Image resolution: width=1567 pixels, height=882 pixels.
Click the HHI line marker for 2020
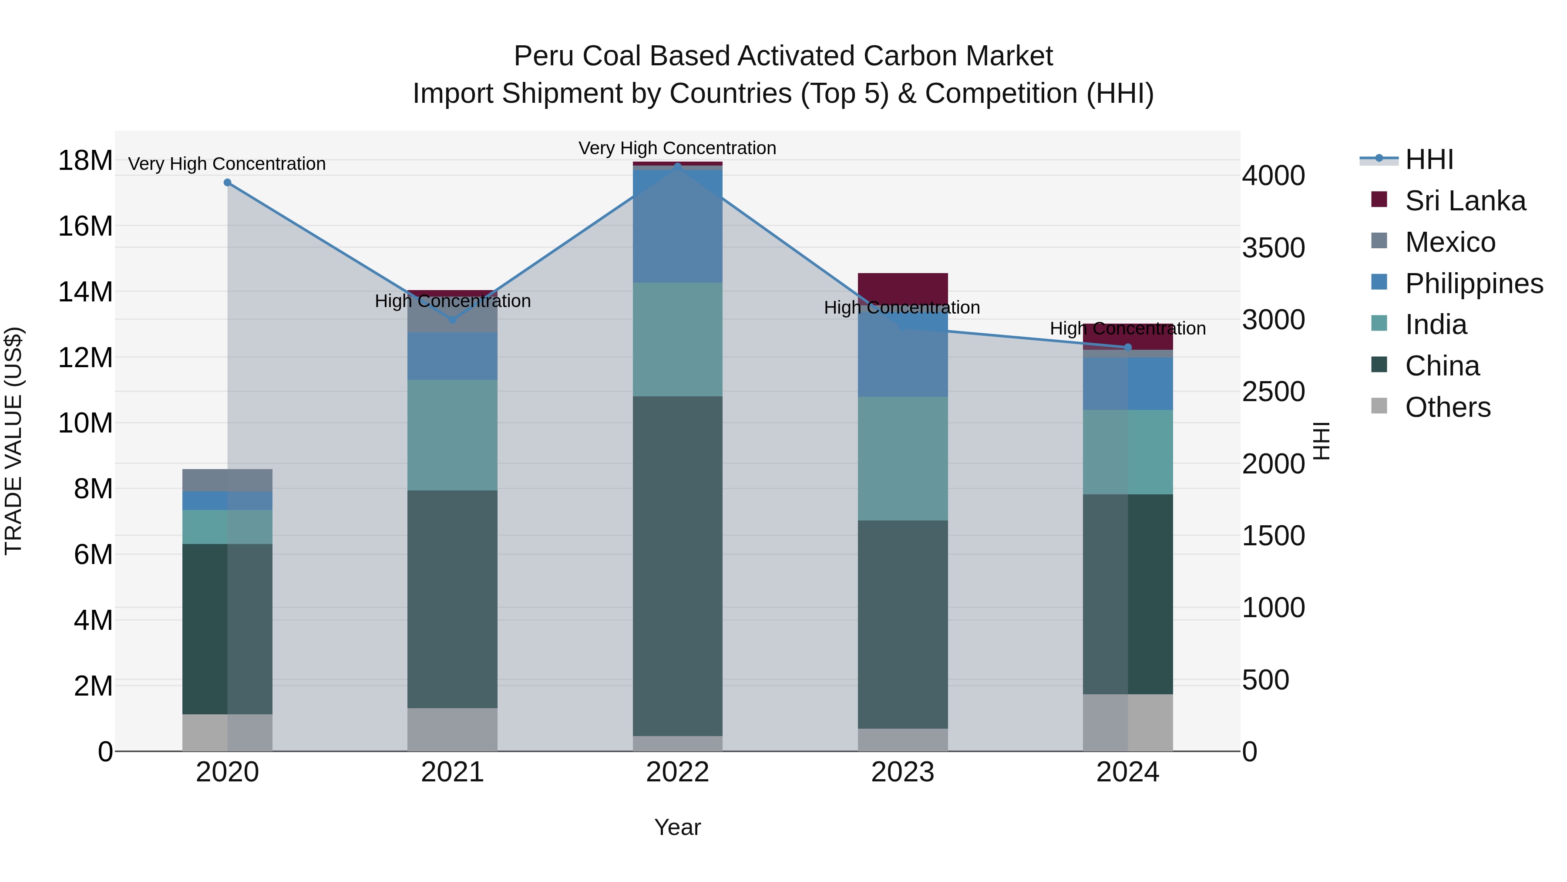click(228, 182)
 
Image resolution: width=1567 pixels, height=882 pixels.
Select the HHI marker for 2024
click(1128, 348)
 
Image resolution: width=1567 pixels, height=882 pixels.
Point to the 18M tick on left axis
click(85, 161)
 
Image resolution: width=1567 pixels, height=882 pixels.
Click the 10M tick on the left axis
click(85, 423)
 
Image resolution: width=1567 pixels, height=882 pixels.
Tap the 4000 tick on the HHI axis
click(1273, 176)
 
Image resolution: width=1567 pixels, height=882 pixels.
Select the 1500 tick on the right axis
click(1273, 536)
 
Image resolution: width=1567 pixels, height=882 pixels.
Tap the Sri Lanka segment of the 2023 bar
click(903, 287)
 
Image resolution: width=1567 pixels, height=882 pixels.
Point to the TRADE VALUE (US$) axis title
click(14, 441)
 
